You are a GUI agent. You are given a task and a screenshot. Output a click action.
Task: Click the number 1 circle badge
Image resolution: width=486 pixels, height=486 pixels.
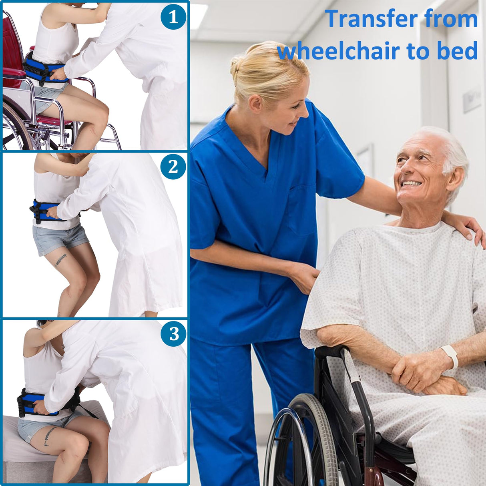(173, 17)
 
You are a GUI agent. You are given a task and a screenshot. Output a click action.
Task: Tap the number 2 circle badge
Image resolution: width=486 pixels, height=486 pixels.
(173, 167)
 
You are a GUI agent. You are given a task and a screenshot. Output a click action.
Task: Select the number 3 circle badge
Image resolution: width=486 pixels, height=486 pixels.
(173, 334)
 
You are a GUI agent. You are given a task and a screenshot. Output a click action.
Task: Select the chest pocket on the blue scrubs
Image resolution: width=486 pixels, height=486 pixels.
(301, 210)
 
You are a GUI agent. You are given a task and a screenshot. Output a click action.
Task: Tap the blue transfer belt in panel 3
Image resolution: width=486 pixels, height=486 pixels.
(38, 404)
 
